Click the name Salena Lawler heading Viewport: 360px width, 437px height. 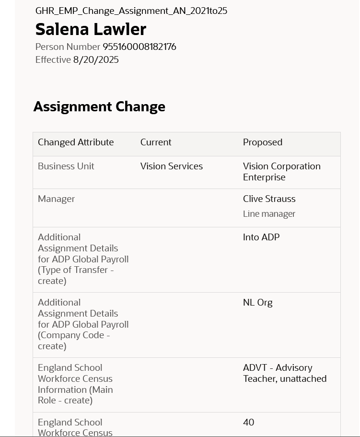91,29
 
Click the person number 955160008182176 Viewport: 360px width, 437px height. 139,47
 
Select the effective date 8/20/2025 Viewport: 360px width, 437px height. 96,60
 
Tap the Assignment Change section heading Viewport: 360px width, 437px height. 99,106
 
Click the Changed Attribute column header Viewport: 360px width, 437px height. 76,142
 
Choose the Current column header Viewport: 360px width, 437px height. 156,142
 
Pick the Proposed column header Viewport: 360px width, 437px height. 262,142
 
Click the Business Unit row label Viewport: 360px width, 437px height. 66,166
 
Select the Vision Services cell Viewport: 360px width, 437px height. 172,166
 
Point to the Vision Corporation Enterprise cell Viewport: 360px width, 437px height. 281,172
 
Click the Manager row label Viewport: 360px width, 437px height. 56,199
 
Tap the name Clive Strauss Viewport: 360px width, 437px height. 269,199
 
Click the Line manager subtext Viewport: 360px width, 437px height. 269,214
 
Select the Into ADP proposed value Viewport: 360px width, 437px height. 261,237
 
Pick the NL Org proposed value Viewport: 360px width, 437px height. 257,303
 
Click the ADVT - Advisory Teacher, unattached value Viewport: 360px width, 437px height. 284,373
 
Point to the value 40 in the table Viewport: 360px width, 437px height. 248,423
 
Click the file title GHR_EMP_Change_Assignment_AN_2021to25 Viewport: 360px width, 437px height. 131,11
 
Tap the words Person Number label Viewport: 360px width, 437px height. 68,47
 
